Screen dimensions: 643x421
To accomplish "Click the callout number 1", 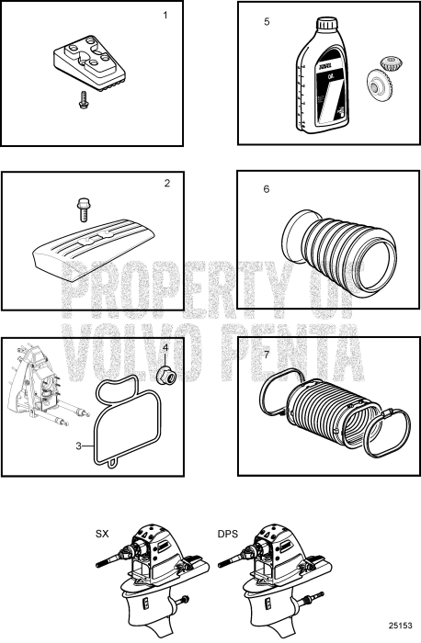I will pos(166,16).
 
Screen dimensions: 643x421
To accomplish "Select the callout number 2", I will pos(166,183).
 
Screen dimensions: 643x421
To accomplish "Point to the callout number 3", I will pos(80,446).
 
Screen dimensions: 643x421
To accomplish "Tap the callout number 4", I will pos(165,348).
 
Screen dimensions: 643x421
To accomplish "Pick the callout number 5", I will pos(267,20).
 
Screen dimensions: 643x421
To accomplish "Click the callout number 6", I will pos(267,189).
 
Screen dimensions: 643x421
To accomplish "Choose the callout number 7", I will pos(267,355).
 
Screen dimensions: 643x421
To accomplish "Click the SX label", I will pos(102,533).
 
